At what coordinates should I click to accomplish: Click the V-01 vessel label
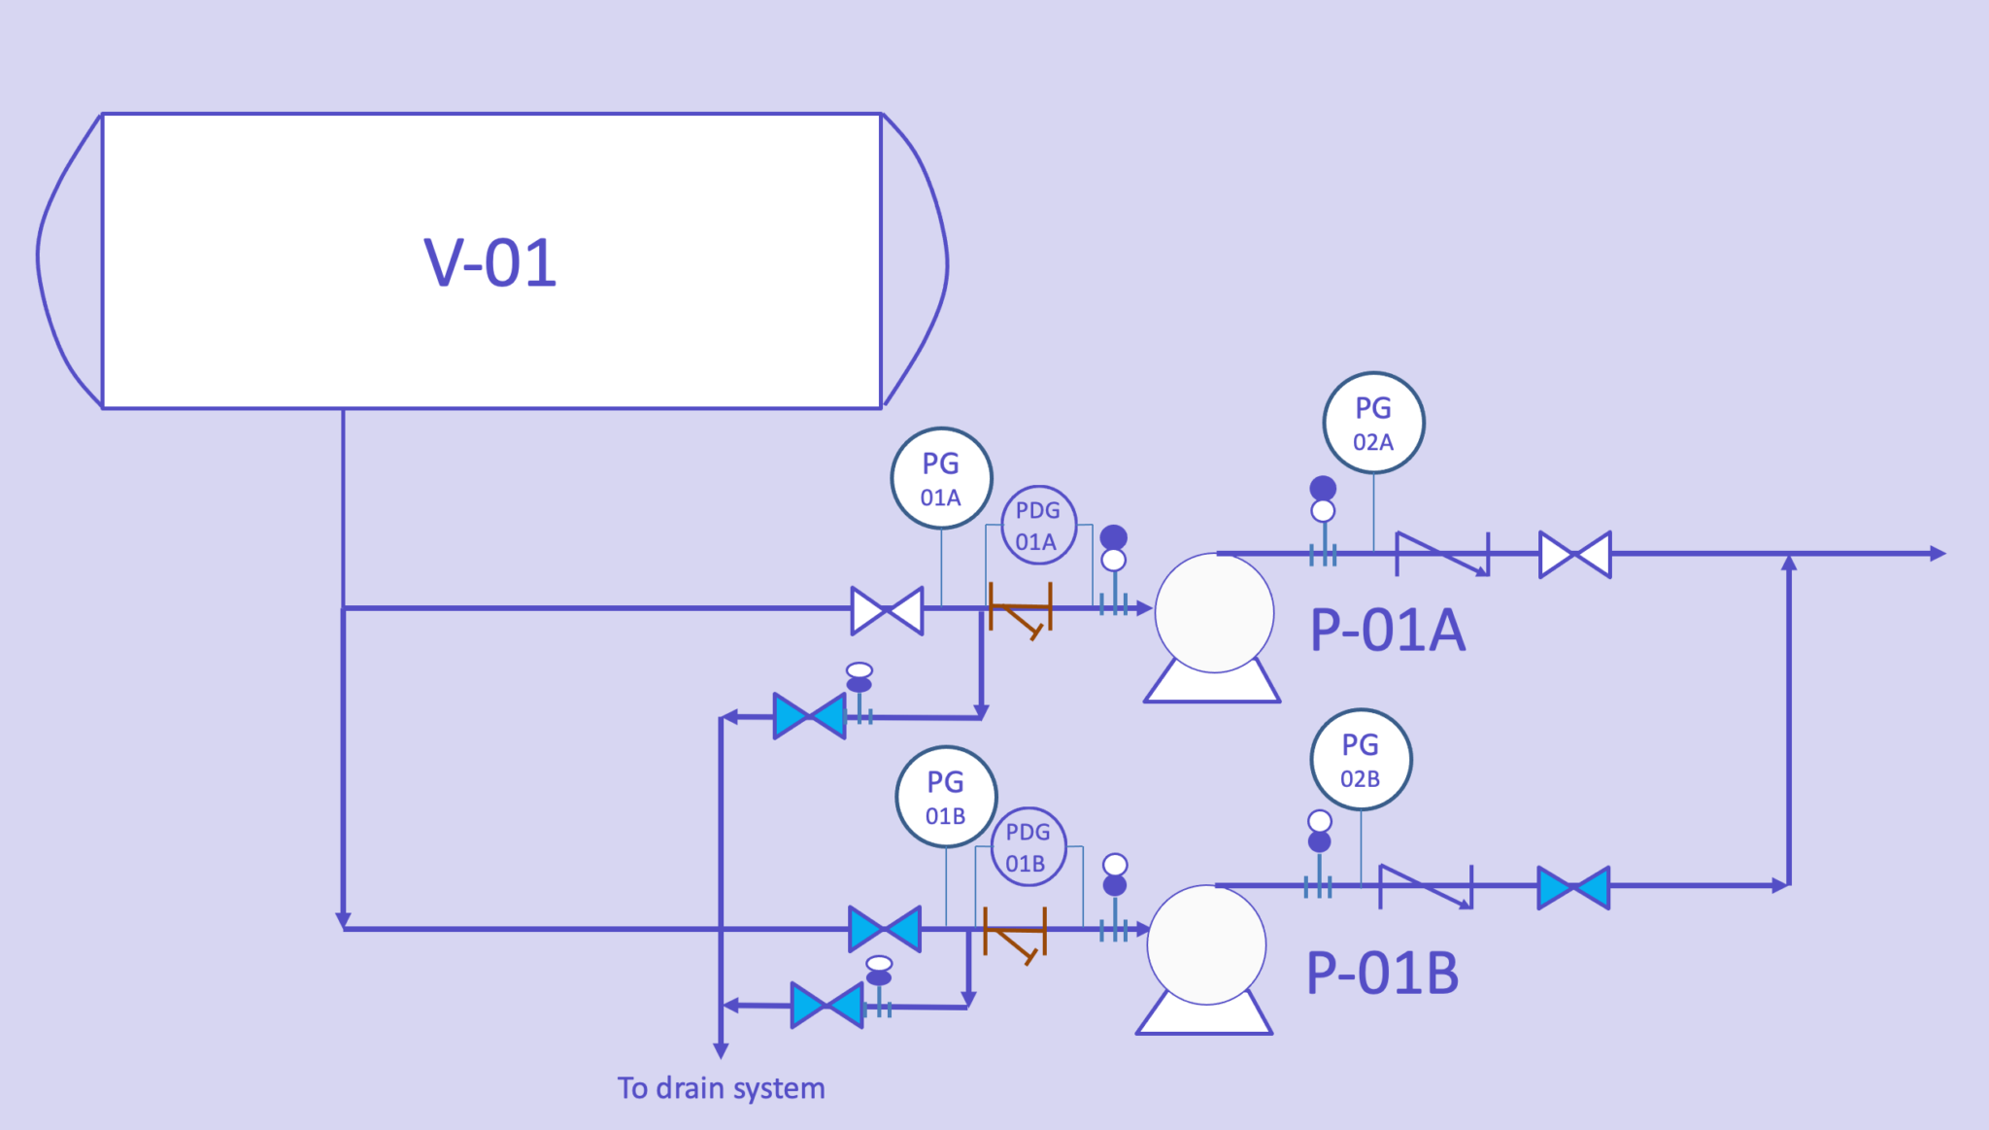click(490, 262)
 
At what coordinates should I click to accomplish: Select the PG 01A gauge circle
click(941, 478)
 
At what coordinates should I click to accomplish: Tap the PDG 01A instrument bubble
click(1038, 526)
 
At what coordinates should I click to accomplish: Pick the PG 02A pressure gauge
click(1373, 423)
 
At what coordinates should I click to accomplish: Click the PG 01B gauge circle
click(946, 797)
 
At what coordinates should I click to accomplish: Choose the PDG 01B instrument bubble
click(1028, 846)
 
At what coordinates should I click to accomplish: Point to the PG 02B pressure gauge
click(1361, 760)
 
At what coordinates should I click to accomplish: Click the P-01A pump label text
click(1387, 630)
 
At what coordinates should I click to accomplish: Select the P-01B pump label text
click(1382, 973)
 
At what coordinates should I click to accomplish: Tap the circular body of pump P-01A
click(1214, 612)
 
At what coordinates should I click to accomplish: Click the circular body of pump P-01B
click(1206, 944)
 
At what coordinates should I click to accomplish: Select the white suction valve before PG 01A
click(887, 610)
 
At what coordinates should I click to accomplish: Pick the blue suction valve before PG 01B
click(885, 929)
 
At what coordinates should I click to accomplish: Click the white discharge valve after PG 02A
click(1574, 555)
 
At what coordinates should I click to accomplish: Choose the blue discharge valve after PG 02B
click(1573, 887)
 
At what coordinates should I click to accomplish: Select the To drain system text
click(721, 1088)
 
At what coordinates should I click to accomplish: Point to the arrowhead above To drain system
click(721, 1050)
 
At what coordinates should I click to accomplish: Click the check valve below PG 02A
click(1442, 555)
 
